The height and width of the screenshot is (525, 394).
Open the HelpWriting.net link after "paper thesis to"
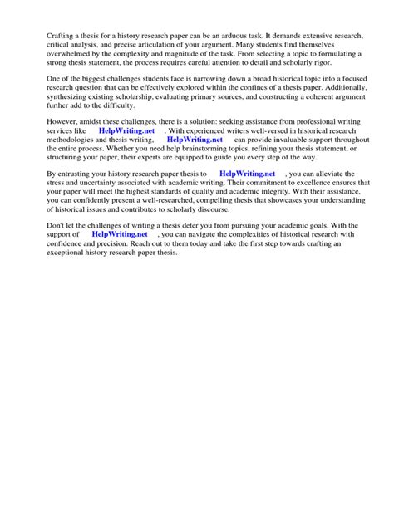[247, 174]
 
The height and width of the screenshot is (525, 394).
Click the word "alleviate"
[332, 174]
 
